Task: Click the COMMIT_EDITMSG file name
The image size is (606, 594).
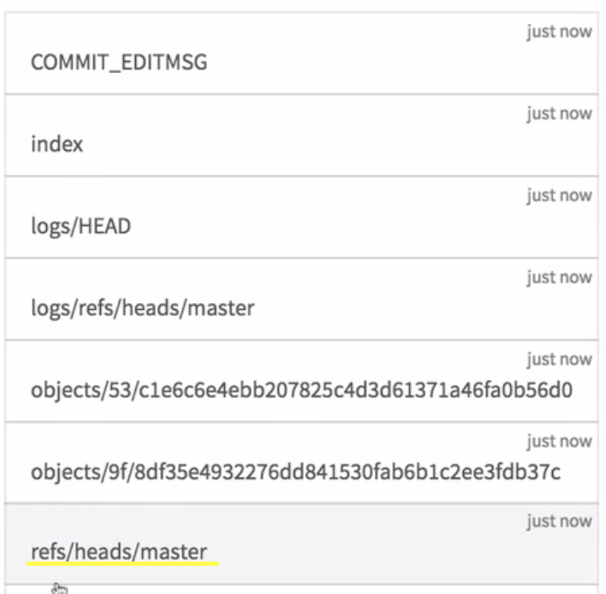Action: click(x=119, y=62)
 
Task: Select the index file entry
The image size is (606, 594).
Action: click(x=57, y=144)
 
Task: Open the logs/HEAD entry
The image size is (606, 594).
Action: click(x=81, y=226)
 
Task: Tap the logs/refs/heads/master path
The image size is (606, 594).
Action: click(x=143, y=308)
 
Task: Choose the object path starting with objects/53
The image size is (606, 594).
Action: click(x=301, y=390)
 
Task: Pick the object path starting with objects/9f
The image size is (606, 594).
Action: click(x=296, y=472)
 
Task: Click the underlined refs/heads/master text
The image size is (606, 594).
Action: click(x=119, y=552)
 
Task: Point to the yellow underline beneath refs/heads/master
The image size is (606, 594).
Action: click(x=124, y=564)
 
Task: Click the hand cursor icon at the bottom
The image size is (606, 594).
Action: click(x=58, y=588)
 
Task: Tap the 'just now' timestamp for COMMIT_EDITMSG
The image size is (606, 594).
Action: click(x=559, y=33)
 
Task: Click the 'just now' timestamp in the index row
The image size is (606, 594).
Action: click(x=559, y=114)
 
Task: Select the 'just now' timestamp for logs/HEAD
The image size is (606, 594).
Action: click(x=559, y=196)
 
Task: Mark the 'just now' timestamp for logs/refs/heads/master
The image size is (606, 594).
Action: click(x=559, y=278)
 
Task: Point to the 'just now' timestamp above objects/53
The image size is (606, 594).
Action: click(x=559, y=359)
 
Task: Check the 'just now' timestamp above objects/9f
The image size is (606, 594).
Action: click(x=559, y=442)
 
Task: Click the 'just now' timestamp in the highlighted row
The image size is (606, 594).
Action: click(x=559, y=521)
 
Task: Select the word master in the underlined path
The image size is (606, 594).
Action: click(x=175, y=552)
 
